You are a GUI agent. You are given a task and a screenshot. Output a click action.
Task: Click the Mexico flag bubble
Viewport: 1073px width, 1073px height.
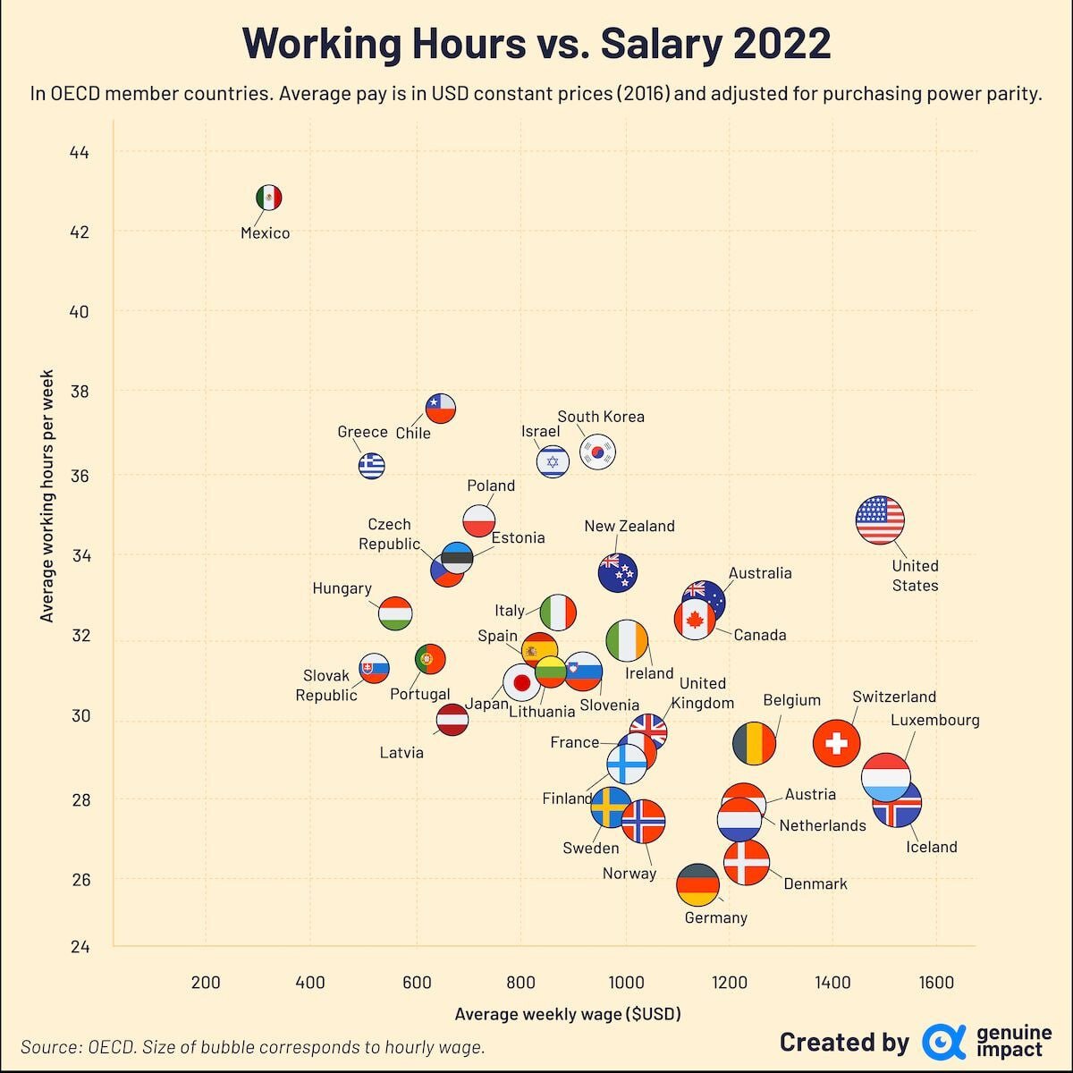point(268,198)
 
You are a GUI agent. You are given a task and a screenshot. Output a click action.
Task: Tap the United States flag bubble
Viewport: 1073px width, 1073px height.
point(880,520)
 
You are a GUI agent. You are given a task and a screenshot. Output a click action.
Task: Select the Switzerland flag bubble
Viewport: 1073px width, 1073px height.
point(837,742)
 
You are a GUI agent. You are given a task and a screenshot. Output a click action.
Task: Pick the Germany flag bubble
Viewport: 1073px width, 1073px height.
point(697,886)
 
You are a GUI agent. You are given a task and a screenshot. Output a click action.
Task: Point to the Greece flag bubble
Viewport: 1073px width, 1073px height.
point(371,465)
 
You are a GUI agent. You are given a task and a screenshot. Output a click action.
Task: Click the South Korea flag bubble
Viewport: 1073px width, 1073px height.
point(597,452)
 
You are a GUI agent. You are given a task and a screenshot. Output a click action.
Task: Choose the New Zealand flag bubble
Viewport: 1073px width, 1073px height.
point(617,573)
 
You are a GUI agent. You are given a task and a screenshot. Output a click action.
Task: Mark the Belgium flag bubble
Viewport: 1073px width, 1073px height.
point(754,743)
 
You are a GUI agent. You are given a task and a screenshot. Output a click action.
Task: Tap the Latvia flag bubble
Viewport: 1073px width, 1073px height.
point(452,720)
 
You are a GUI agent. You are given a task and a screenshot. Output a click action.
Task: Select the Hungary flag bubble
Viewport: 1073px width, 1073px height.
point(395,613)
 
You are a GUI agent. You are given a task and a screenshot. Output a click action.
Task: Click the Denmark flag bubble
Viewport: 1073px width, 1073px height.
point(746,863)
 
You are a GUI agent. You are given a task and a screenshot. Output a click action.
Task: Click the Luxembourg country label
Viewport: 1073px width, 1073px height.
point(935,720)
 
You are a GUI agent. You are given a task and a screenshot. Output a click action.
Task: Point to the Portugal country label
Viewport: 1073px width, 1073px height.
point(419,694)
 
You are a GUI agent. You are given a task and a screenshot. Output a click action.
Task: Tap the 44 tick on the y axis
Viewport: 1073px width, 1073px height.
point(80,153)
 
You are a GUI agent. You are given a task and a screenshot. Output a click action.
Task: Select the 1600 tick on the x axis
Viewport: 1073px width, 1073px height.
point(936,982)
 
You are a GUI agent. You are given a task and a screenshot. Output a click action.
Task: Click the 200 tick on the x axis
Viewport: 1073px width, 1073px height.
point(206,982)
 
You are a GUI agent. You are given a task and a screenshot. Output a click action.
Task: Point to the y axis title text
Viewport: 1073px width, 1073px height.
point(47,496)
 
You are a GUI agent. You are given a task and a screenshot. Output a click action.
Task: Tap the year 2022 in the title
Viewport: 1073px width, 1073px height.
point(780,44)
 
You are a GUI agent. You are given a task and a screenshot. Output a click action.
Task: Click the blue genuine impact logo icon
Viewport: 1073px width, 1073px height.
point(939,1042)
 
